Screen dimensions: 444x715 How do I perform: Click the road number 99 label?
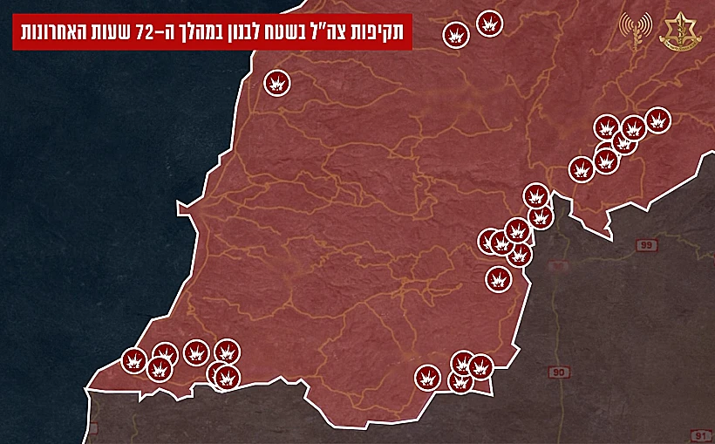(646, 247)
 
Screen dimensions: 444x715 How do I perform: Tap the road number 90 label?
(558, 373)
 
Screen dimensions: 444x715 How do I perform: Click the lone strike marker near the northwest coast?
(277, 83)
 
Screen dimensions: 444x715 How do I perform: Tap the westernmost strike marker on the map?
(134, 359)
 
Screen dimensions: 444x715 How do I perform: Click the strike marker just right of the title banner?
(456, 36)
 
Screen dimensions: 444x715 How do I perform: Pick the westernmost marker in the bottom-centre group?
(426, 378)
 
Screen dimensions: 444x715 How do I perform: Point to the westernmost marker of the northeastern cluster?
(581, 168)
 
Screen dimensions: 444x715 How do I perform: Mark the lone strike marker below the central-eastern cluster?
(498, 279)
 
